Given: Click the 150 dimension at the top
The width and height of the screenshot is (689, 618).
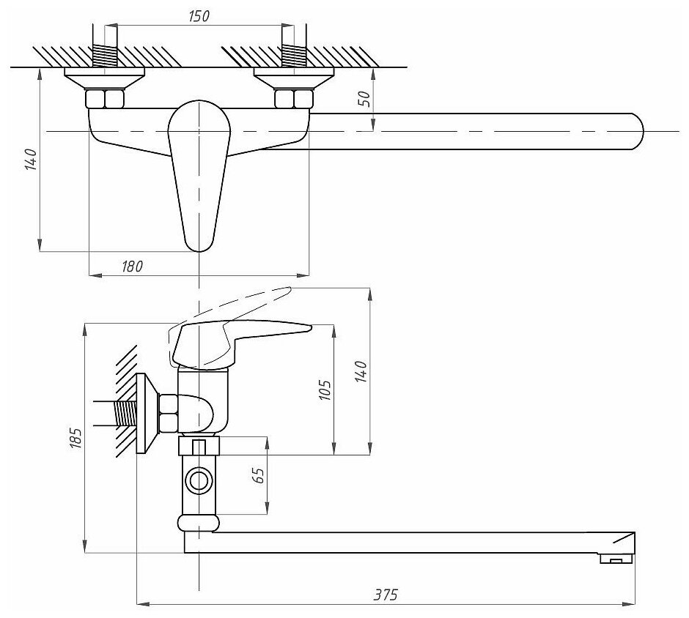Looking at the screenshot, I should [x=198, y=16].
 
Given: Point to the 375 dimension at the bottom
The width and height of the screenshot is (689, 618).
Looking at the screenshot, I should [x=386, y=594].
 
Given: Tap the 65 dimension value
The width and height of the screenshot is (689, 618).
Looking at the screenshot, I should [x=258, y=476].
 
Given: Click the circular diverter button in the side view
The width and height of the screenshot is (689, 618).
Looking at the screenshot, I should [x=199, y=481].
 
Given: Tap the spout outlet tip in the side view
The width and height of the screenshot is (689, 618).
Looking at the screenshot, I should [x=614, y=559].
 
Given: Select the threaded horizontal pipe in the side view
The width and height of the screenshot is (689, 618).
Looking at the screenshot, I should [x=121, y=415].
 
